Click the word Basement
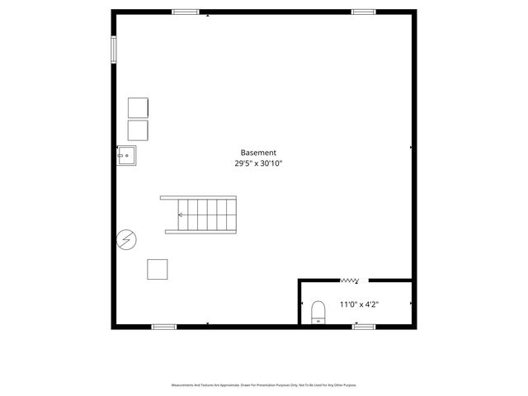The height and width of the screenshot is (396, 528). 258,153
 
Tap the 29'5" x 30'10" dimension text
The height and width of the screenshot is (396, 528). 258,163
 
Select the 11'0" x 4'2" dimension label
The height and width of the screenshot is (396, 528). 360,304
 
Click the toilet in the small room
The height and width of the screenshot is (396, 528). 318,313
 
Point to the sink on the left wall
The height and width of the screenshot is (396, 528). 127,154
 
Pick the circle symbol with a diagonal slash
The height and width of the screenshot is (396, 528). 127,239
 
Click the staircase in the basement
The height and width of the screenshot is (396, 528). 199,214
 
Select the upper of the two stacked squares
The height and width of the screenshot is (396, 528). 138,107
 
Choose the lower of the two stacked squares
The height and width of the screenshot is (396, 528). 138,130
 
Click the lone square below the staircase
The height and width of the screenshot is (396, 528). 158,269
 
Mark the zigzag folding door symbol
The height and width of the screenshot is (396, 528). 349,280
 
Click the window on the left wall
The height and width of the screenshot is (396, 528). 114,47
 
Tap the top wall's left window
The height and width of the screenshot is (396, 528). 186,12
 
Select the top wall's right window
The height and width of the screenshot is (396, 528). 364,12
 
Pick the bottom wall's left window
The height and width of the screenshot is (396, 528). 164,327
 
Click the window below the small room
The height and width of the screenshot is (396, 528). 364,327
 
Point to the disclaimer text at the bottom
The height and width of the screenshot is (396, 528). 264,385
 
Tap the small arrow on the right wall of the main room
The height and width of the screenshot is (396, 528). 410,148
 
